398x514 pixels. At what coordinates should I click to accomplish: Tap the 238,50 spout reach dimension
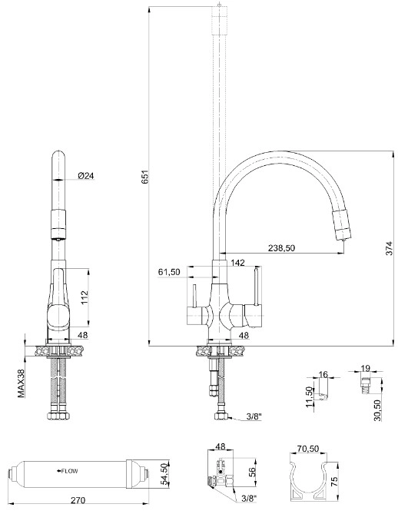[281, 248]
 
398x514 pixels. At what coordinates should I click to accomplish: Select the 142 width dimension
[237, 264]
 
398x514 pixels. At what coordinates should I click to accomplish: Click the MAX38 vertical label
[21, 381]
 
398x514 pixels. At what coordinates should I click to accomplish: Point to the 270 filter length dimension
[77, 501]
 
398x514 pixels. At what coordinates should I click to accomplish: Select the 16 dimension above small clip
[323, 375]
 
